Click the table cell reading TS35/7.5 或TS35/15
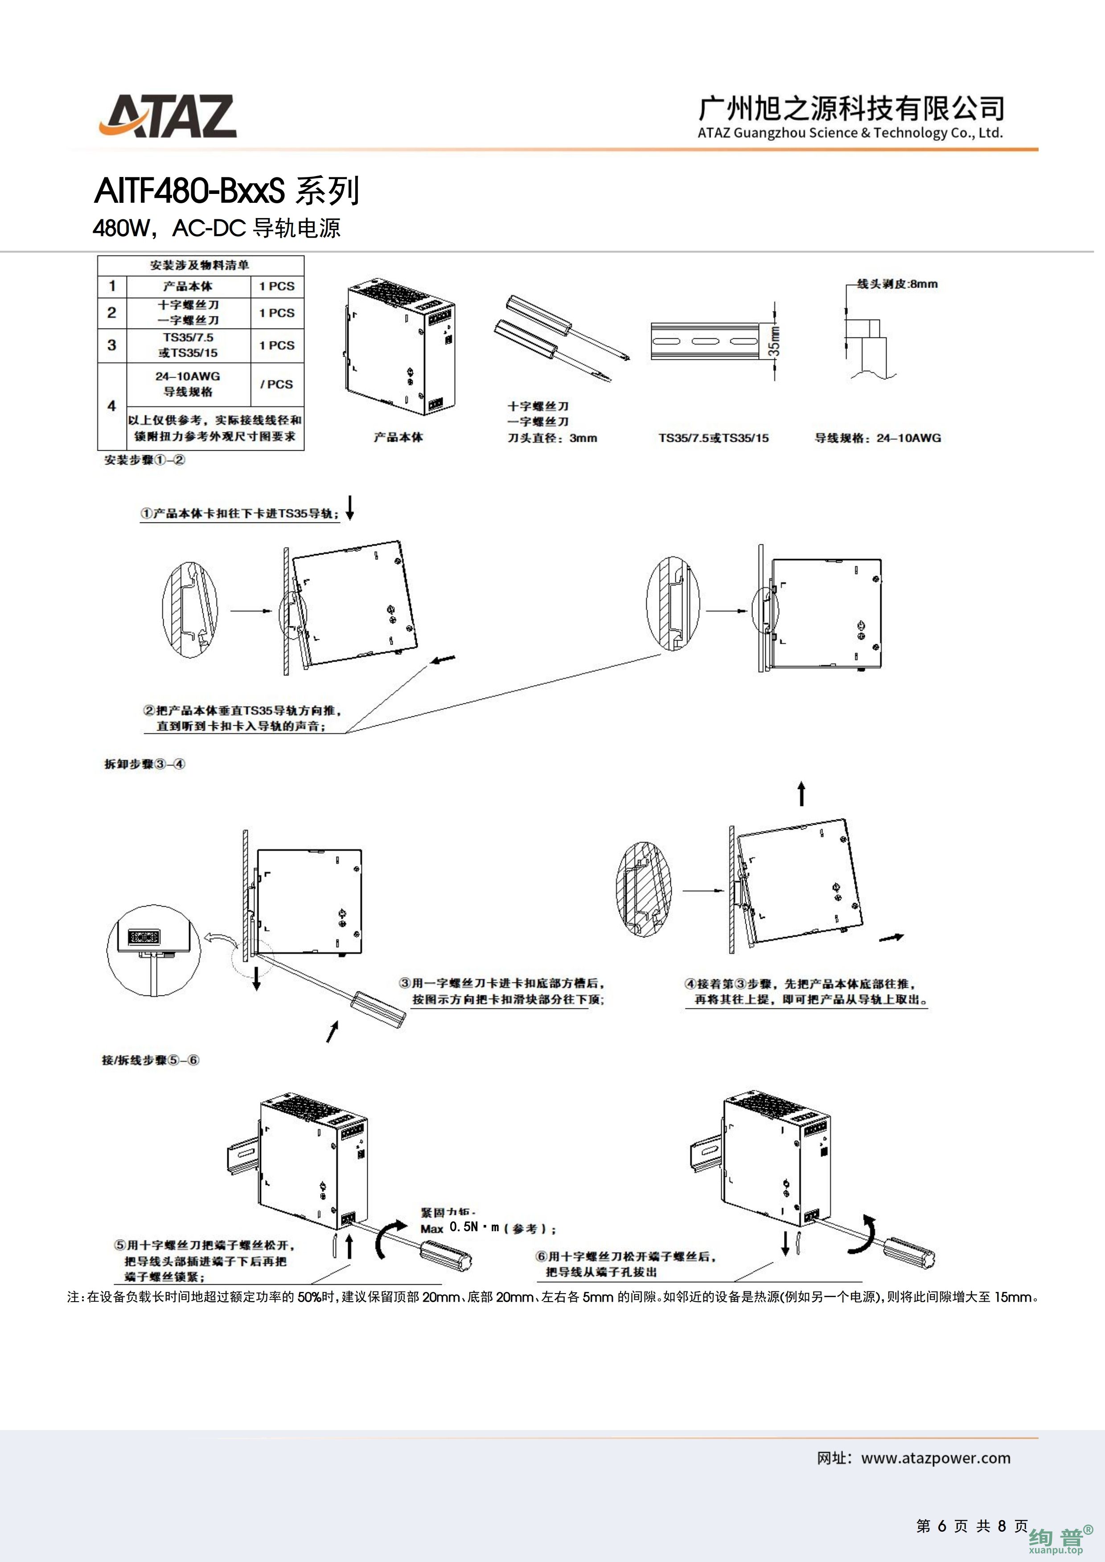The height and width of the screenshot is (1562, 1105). tap(188, 345)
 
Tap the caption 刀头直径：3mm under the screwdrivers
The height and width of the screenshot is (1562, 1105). tap(552, 438)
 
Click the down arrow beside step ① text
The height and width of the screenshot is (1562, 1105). tap(350, 507)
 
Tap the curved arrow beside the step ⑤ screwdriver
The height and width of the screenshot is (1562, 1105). tap(389, 1240)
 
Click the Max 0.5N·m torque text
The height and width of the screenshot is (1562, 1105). tap(488, 1228)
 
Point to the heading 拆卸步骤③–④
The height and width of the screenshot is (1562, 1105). tap(144, 764)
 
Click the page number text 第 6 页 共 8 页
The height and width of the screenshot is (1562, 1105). tap(972, 1526)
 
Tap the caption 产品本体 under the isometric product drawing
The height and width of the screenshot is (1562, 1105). tap(398, 437)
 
